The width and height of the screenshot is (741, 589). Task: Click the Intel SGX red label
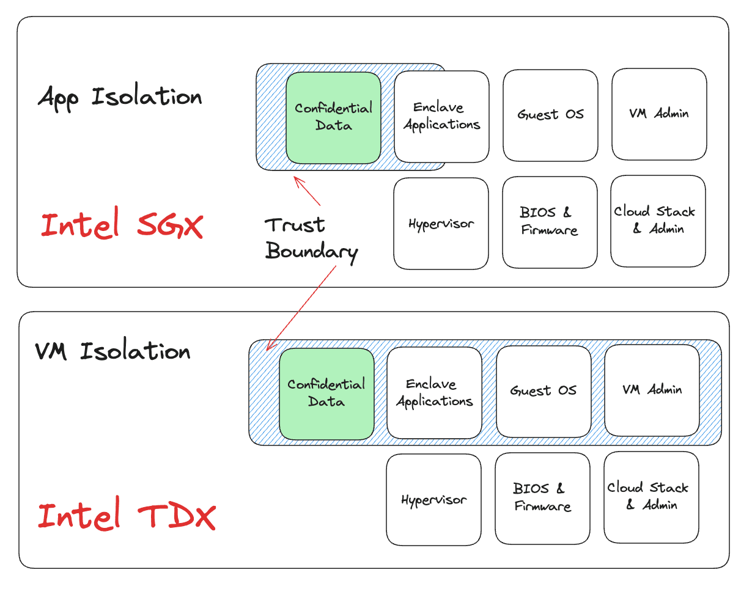pos(121,225)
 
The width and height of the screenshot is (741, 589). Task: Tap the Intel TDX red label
pos(127,516)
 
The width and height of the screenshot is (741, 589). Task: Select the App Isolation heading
pos(120,97)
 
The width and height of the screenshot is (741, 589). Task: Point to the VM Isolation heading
pos(112,351)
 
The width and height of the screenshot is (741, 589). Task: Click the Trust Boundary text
pos(312,238)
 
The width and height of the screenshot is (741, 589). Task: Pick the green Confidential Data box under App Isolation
pos(333,117)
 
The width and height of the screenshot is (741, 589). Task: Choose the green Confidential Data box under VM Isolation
pos(326,393)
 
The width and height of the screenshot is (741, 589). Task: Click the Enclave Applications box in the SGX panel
pos(441,116)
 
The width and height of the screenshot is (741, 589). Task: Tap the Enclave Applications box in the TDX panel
pos(434,393)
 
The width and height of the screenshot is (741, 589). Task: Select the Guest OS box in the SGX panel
pos(550,115)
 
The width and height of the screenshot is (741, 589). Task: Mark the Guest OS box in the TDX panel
pos(544,391)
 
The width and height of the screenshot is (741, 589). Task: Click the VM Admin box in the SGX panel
pos(659,114)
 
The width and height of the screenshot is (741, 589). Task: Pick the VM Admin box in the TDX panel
pos(652,390)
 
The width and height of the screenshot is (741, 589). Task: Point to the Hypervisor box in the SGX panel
pos(441,224)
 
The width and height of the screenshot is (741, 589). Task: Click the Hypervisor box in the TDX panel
pos(433,500)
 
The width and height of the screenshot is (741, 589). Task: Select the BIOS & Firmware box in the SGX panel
pos(550,222)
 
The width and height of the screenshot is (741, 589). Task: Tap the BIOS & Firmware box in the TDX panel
pos(542,498)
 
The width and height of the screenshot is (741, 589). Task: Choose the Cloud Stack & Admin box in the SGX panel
pos(658,221)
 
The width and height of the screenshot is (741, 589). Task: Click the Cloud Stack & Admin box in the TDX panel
pos(651,497)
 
